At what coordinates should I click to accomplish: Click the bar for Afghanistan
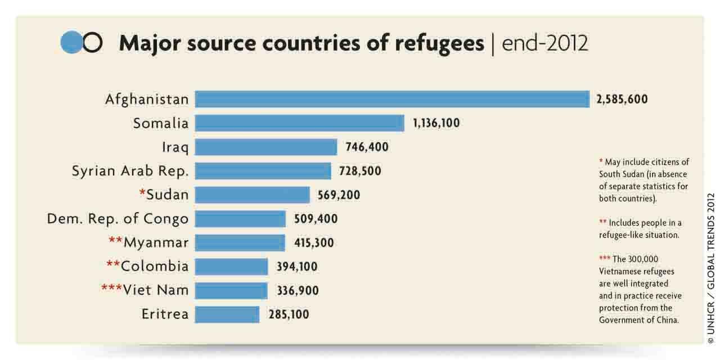pyautogui.click(x=392, y=99)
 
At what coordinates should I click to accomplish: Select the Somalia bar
pyautogui.click(x=299, y=123)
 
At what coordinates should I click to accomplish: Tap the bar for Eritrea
pyautogui.click(x=227, y=314)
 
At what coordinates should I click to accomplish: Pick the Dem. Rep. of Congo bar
pyautogui.click(x=240, y=219)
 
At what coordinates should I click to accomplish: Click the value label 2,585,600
pyautogui.click(x=622, y=100)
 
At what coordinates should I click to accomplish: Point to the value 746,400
pyautogui.click(x=367, y=147)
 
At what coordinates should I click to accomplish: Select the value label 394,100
pyautogui.click(x=297, y=267)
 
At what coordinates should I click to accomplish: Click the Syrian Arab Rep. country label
pyautogui.click(x=130, y=171)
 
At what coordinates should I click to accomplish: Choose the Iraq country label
pyautogui.click(x=175, y=147)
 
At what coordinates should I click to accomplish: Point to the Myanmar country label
pyautogui.click(x=156, y=243)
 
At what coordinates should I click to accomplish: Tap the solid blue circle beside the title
pyautogui.click(x=71, y=43)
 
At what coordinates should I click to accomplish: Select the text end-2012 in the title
pyautogui.click(x=544, y=43)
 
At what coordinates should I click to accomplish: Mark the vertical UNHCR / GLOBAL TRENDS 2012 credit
pyautogui.click(x=711, y=268)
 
